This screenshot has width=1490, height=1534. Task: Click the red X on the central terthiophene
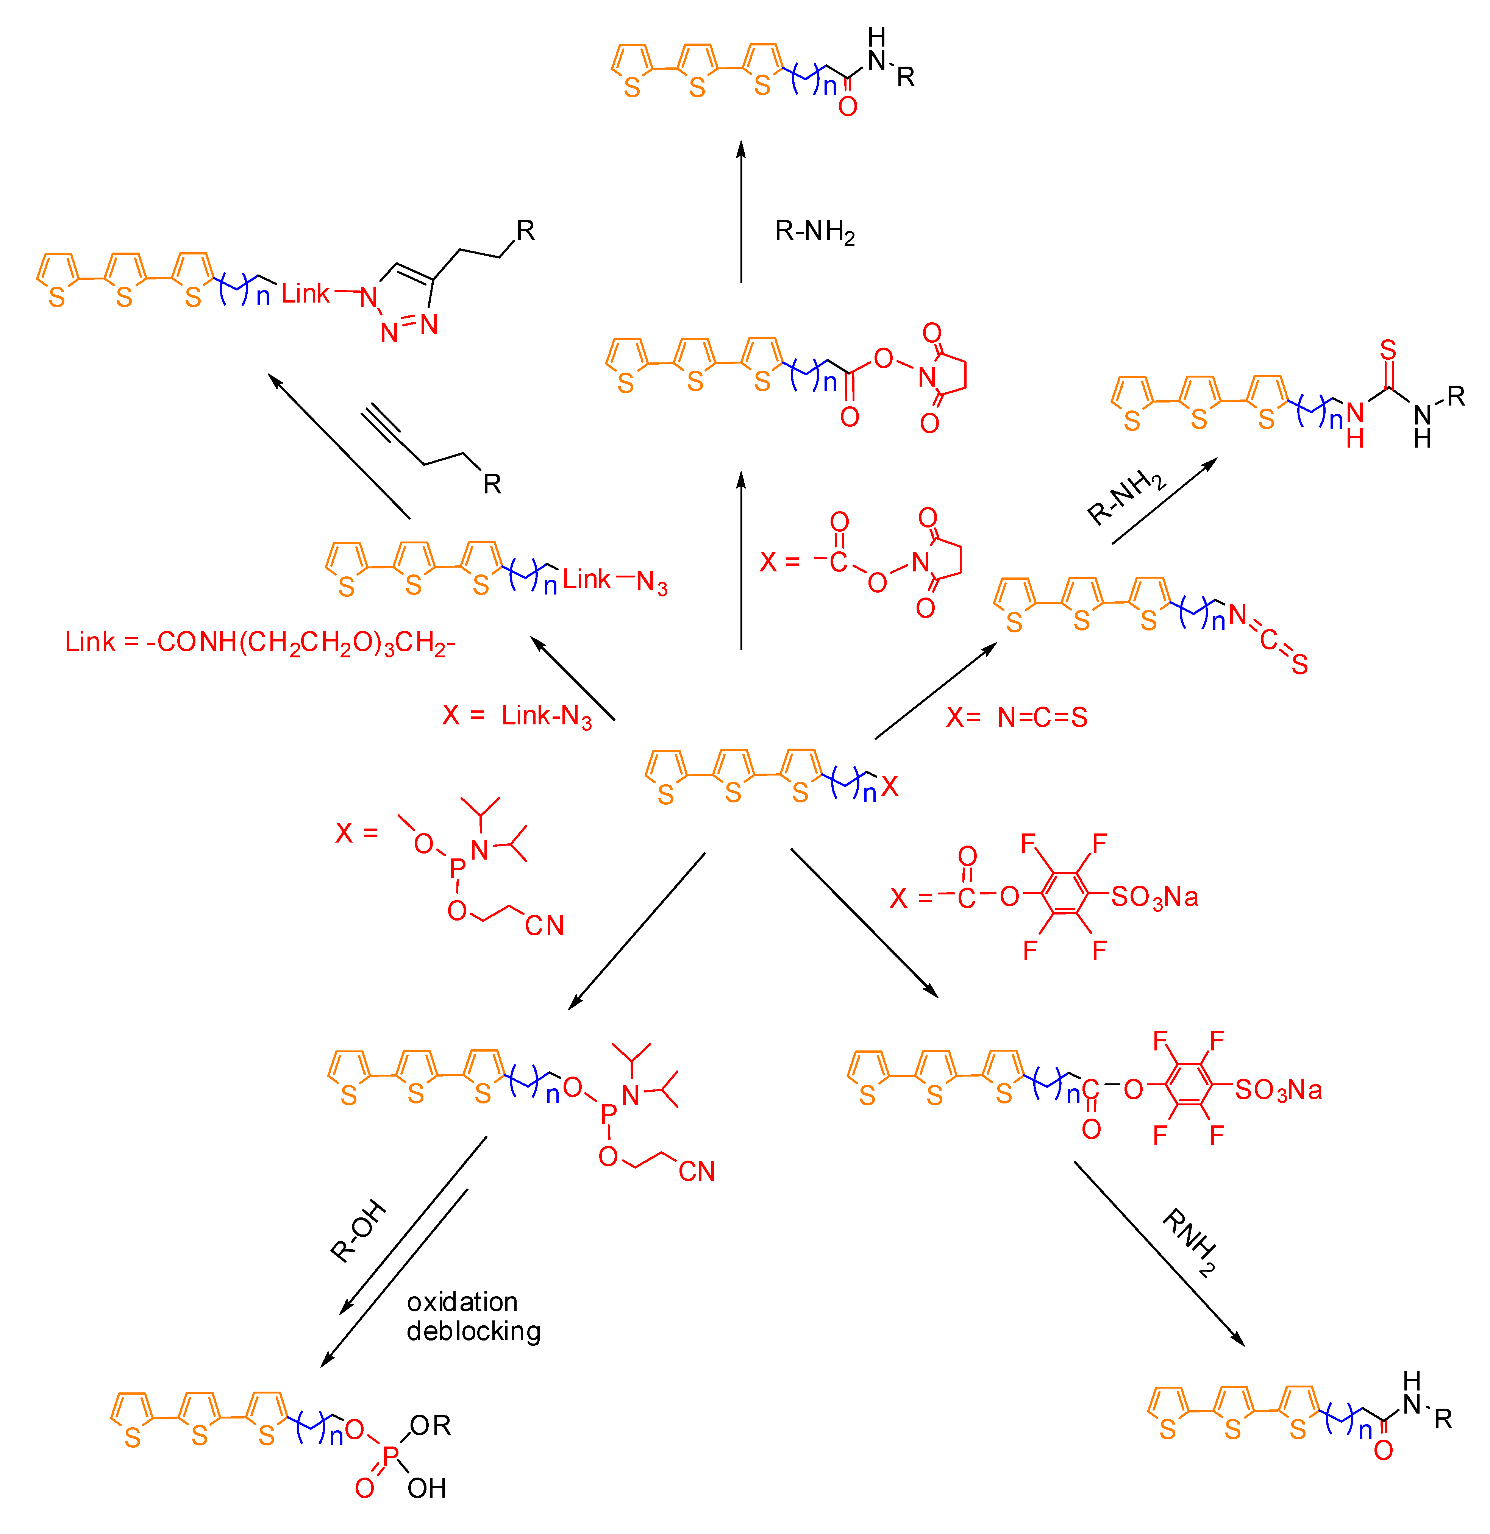(889, 787)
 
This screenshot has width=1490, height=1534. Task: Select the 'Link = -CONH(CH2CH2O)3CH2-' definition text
(260, 643)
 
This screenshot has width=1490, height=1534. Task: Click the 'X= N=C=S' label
(1016, 717)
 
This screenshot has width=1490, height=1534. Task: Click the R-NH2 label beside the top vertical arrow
(814, 232)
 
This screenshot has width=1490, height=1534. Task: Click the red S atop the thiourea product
(1388, 350)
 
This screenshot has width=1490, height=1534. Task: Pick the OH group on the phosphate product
(427, 1488)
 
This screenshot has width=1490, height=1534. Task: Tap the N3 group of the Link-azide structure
(651, 582)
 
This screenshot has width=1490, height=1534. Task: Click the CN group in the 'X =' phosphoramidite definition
(544, 926)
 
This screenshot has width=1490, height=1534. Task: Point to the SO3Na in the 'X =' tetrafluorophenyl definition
(1154, 896)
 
